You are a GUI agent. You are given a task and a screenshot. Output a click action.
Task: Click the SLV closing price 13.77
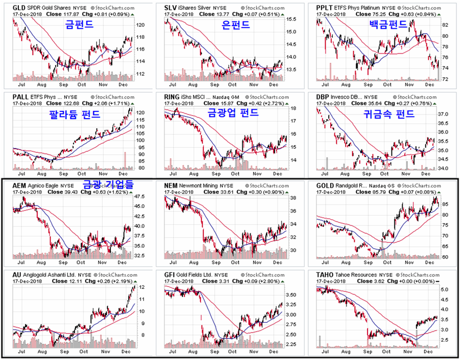226,14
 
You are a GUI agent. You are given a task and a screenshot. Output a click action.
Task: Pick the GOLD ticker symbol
327,186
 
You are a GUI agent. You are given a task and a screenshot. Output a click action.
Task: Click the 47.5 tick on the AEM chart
140,196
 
